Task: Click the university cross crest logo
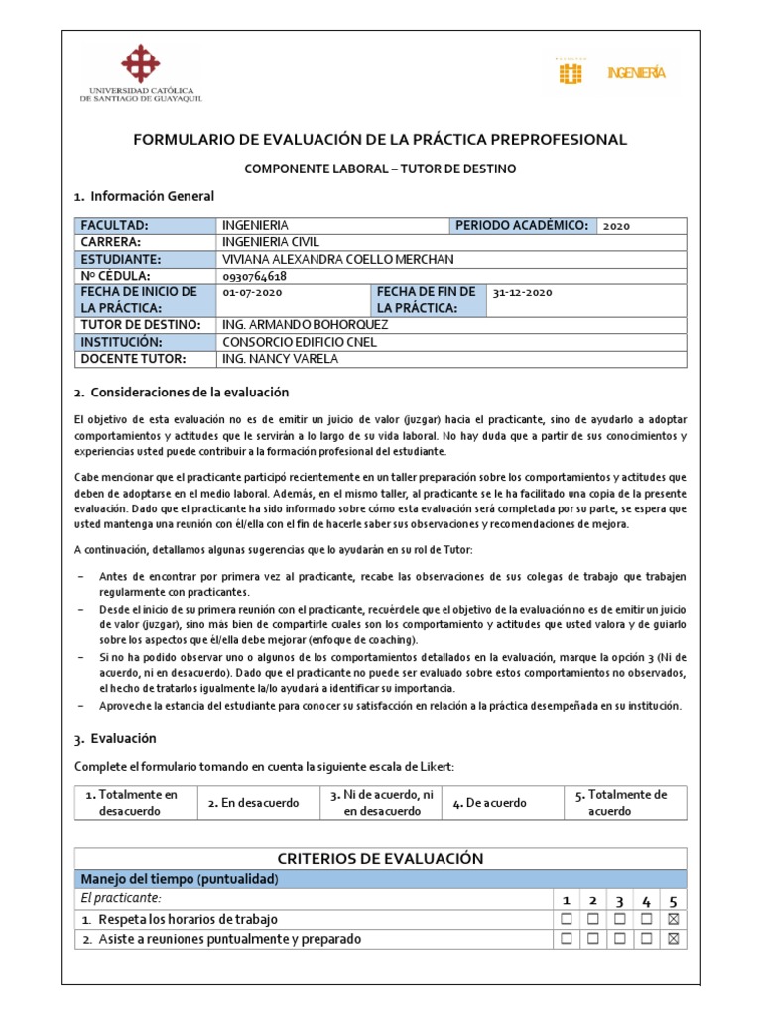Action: (x=140, y=64)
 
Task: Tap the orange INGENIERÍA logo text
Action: (x=636, y=73)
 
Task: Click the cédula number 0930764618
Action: (x=256, y=275)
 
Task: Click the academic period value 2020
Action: (x=616, y=226)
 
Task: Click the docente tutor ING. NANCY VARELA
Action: (x=282, y=359)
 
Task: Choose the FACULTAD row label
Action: (x=114, y=226)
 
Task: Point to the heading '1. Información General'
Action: (x=145, y=196)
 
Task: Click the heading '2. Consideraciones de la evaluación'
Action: (x=182, y=392)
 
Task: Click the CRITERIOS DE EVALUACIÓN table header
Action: (x=381, y=859)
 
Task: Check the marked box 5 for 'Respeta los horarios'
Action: (x=674, y=919)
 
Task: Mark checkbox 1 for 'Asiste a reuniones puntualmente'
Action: (x=567, y=939)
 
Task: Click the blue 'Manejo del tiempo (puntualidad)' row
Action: (x=381, y=879)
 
